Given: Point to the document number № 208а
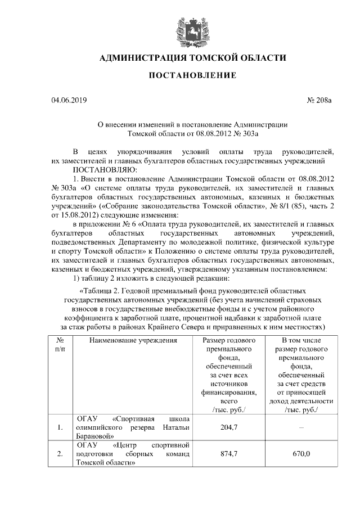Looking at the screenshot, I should tap(320, 101).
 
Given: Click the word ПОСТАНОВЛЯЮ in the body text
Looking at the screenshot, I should tap(101, 169).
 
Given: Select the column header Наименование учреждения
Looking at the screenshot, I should tap(131, 341).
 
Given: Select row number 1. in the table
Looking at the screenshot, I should tap(60, 428).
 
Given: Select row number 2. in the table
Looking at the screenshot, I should tap(60, 454).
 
